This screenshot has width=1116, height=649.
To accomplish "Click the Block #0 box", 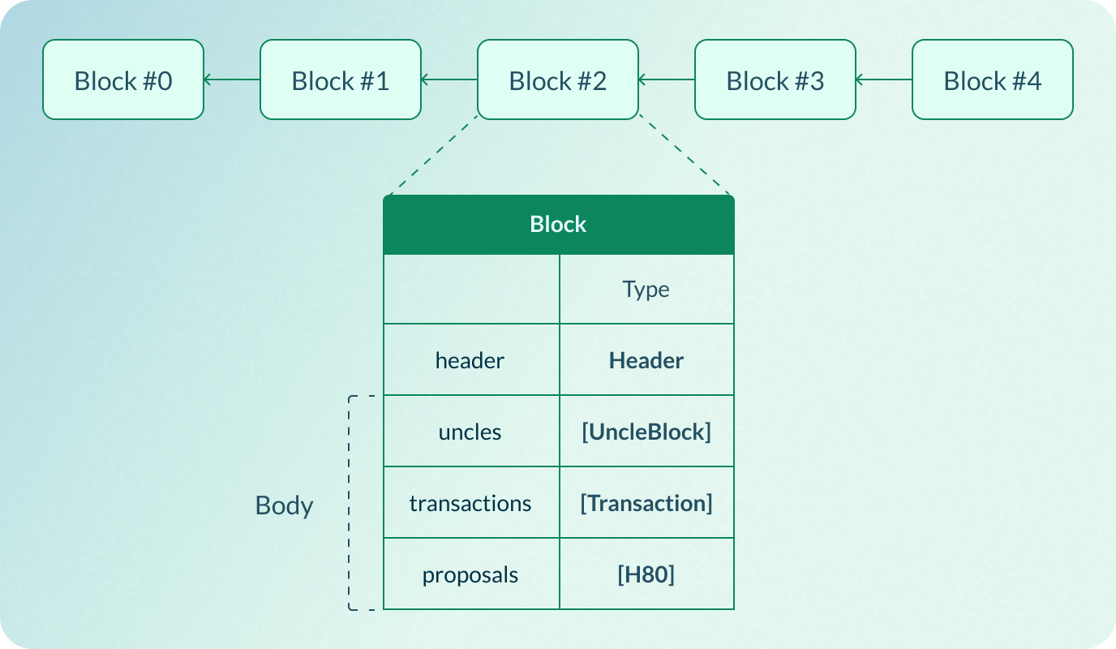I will coord(122,80).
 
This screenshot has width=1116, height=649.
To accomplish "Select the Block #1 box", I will coord(340,80).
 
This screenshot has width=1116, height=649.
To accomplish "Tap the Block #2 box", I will coord(557,80).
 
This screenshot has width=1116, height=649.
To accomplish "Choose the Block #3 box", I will coord(775,80).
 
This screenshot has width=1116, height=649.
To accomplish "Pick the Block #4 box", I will coord(992,80).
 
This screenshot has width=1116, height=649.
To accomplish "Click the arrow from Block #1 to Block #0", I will coord(232,80).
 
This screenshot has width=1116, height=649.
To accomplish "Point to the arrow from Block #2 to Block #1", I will coord(449,80).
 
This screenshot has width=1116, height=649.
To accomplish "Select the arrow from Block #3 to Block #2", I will coord(667,80).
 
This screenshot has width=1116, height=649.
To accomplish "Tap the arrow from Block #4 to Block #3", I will coord(884,80).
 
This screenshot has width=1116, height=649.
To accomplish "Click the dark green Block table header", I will coord(558,225).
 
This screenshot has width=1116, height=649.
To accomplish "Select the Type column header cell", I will coord(646,290).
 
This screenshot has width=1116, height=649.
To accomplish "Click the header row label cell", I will coord(470,360).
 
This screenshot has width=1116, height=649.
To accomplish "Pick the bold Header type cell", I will coord(646,360).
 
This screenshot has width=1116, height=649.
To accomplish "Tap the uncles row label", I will coord(470,432).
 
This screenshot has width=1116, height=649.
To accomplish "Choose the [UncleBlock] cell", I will coord(646,432).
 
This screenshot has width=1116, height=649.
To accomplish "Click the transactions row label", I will coord(470,503).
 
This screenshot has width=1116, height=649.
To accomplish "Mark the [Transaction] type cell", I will coord(646,503).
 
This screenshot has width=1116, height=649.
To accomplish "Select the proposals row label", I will coord(470,575).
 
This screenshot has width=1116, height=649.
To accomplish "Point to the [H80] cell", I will coord(646,575).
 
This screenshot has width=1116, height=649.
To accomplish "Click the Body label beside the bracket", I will coord(284,505).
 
